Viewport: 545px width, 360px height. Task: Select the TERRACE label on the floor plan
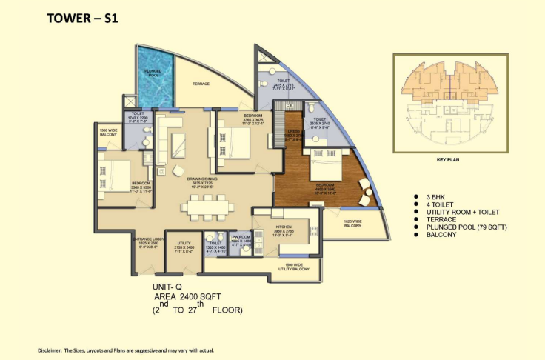(x=202, y=84)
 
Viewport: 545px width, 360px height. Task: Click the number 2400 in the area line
(x=189, y=295)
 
